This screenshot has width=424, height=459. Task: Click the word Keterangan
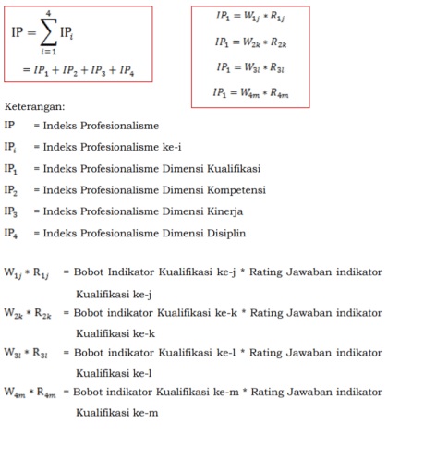point(41,106)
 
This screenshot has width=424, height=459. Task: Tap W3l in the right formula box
point(251,67)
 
